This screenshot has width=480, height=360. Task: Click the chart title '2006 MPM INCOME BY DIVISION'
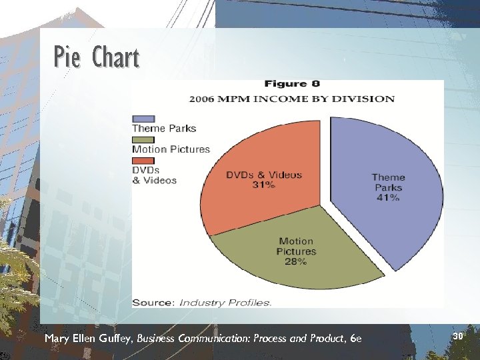pyautogui.click(x=292, y=99)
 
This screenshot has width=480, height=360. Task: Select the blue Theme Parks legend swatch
pyautogui.click(x=143, y=119)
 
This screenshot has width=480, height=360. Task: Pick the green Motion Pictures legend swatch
pyautogui.click(x=143, y=139)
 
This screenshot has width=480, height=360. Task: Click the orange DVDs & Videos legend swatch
pyautogui.click(x=143, y=160)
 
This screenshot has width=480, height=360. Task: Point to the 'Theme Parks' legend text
pyautogui.click(x=164, y=128)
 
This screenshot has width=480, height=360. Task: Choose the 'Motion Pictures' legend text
pyautogui.click(x=171, y=149)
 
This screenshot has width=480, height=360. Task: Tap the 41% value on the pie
pyautogui.click(x=388, y=198)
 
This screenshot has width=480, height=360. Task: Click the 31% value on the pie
pyautogui.click(x=264, y=185)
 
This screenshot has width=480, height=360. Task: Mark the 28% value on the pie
pyautogui.click(x=295, y=262)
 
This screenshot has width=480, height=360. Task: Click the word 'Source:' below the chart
pyautogui.click(x=153, y=303)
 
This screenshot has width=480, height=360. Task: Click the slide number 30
pyautogui.click(x=457, y=337)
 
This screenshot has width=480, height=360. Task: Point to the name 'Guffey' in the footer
pyautogui.click(x=116, y=339)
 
